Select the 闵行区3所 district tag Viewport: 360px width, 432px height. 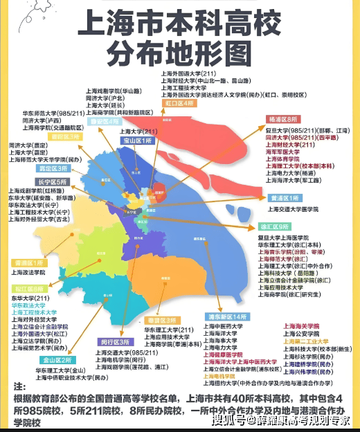click(114, 342)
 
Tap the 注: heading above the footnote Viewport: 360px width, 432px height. click(19, 385)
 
